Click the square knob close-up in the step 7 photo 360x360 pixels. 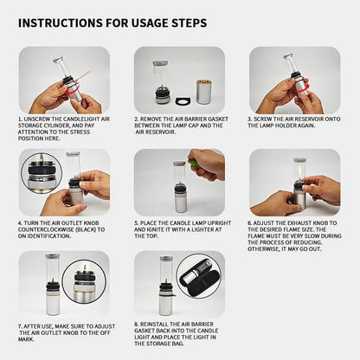pyautogui.click(x=87, y=285)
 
